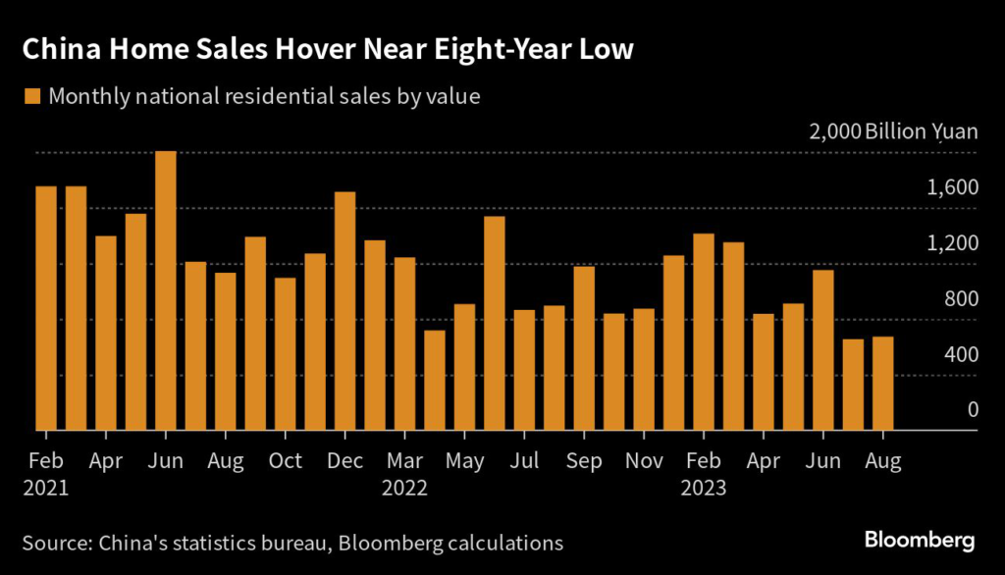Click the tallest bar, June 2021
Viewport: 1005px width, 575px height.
(x=166, y=290)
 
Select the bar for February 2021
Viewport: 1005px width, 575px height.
(x=46, y=308)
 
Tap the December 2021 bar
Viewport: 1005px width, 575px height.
(x=344, y=311)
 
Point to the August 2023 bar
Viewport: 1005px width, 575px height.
(x=882, y=384)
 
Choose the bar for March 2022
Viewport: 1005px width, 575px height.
(x=404, y=343)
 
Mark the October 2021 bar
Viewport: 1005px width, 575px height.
(x=285, y=353)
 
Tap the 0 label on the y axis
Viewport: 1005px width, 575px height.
(x=973, y=410)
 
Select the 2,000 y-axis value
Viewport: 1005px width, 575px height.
(x=834, y=131)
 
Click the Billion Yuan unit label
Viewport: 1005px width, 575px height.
(x=922, y=131)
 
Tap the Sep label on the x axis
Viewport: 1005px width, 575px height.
(x=584, y=459)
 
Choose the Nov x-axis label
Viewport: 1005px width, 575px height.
(x=644, y=459)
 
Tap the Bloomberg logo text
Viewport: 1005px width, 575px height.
(x=920, y=541)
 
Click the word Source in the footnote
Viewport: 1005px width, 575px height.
(x=56, y=542)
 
